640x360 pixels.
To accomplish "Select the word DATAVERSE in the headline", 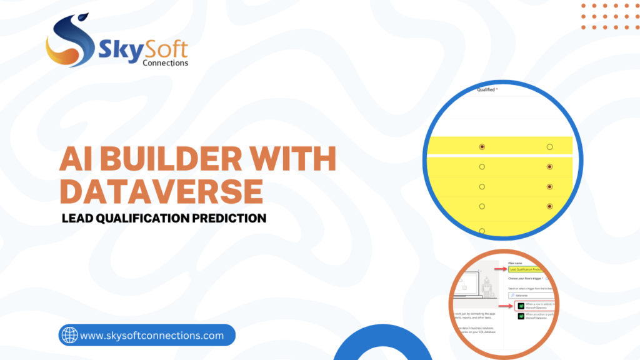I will (161, 191).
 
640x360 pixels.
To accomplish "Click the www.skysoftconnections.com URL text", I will (152, 336).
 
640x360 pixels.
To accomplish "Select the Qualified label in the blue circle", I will (487, 90).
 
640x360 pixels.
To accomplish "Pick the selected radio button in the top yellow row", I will (481, 147).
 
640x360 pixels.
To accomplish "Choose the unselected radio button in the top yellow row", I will (549, 147).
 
